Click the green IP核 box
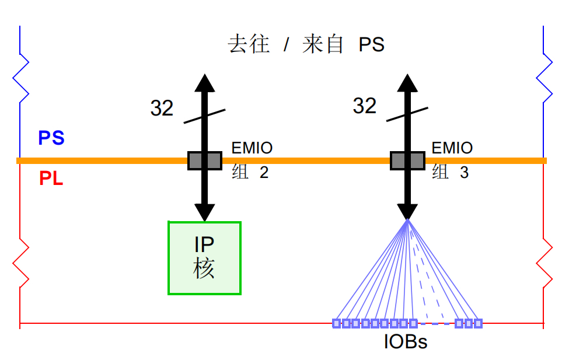point(204,257)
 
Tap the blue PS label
point(51,138)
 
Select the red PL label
point(51,179)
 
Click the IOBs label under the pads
point(405,342)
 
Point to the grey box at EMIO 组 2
point(204,160)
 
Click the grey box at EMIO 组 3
point(407,160)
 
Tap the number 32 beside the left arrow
point(162,108)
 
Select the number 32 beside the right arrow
point(364,106)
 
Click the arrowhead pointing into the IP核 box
point(204,212)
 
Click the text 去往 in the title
point(249,45)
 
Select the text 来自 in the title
point(323,45)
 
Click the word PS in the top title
point(371,45)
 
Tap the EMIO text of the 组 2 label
point(252,148)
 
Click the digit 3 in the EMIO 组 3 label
point(464,173)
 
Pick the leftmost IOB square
point(336,323)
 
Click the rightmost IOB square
point(478,323)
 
